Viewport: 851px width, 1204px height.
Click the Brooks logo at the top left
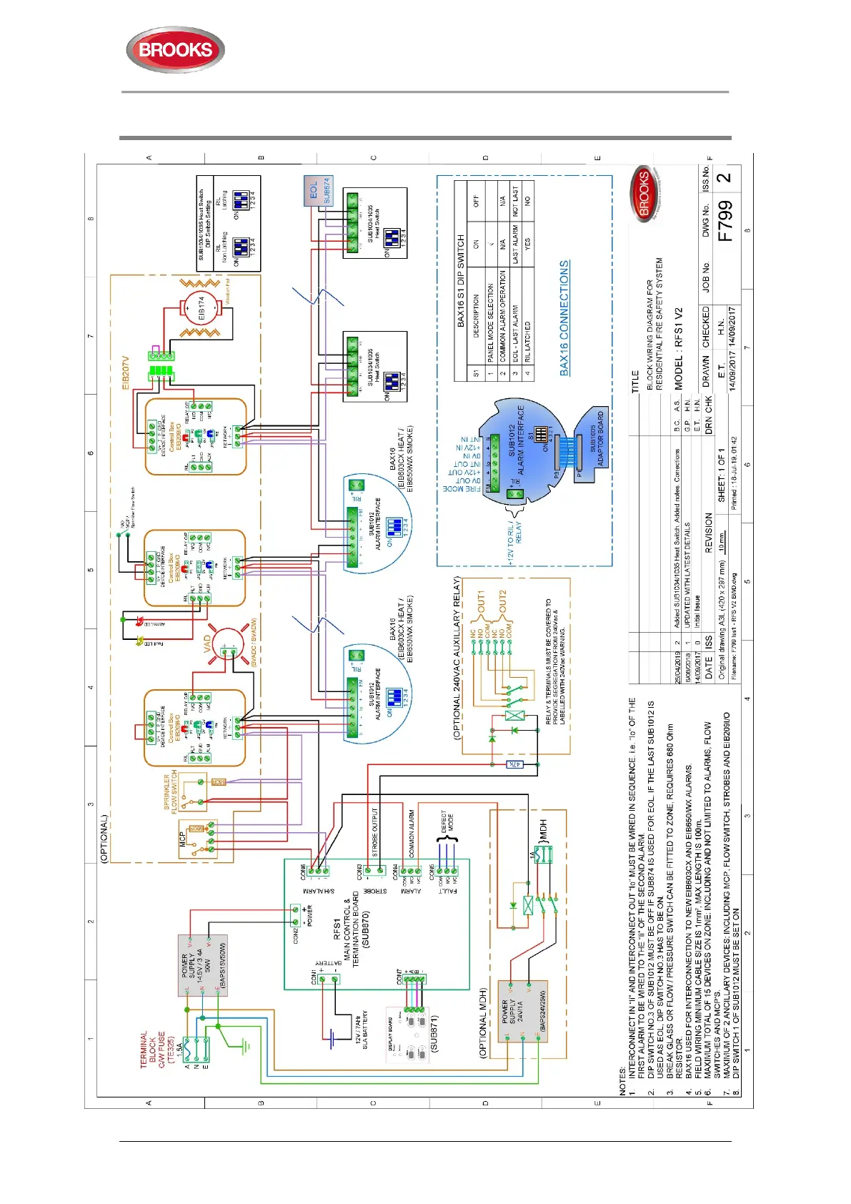(175, 50)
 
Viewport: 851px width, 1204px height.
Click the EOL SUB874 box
(318, 192)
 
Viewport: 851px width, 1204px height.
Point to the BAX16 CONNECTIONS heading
(564, 317)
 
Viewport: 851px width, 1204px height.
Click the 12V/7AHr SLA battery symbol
(333, 1036)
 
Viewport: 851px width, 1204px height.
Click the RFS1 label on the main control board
(337, 929)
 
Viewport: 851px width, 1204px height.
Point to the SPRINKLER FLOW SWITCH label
(171, 792)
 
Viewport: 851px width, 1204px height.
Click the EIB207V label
(126, 372)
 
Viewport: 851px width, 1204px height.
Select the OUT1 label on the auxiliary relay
(482, 603)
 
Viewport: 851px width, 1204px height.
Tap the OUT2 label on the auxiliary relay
(502, 603)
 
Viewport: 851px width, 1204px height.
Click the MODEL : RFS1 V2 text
(679, 348)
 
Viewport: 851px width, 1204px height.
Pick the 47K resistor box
(514, 764)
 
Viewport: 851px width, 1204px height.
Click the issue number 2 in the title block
(725, 177)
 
